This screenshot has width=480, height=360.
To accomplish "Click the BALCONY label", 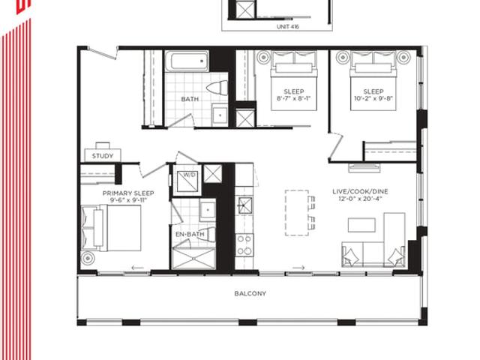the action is [x=250, y=293].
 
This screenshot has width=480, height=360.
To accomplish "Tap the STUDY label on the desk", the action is [x=103, y=156].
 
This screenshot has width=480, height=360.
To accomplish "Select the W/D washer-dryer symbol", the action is [x=187, y=182].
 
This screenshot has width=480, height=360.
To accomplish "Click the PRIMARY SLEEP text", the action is [x=128, y=193].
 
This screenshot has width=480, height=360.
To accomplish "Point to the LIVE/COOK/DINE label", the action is [x=360, y=191].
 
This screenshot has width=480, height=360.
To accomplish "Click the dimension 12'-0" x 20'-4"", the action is [x=360, y=199].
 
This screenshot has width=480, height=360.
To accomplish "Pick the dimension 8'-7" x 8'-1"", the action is [x=293, y=98].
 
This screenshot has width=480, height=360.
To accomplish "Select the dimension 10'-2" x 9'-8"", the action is [x=373, y=98].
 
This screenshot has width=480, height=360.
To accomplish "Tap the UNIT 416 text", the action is [x=288, y=27].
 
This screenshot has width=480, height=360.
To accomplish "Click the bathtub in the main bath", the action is [x=187, y=61].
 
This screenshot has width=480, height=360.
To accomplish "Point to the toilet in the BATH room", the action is [x=217, y=88].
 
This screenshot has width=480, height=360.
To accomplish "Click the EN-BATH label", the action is [x=190, y=234].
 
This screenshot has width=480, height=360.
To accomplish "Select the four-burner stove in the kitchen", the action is [x=244, y=245].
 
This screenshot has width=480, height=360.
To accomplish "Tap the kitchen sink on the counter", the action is [x=245, y=205].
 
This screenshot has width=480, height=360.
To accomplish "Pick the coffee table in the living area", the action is [x=361, y=225].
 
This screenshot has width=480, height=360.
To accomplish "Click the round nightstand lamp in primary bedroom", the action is [x=88, y=258].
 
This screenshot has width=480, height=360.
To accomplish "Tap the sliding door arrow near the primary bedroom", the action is [x=137, y=268].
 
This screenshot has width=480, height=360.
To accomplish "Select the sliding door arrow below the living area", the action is [x=298, y=268].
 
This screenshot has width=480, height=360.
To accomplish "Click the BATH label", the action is [x=190, y=99].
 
